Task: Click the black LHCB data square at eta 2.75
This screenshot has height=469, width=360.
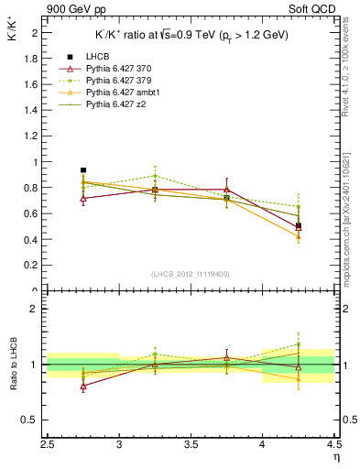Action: (x=83, y=170)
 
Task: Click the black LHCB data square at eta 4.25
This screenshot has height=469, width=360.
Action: (x=299, y=225)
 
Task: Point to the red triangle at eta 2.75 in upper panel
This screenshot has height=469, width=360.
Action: (x=83, y=198)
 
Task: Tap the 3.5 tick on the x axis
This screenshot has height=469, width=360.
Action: (x=191, y=444)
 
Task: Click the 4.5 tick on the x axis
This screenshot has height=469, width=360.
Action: (x=333, y=444)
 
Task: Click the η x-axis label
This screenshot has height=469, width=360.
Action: (x=335, y=456)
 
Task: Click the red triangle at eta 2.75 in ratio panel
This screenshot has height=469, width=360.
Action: (x=83, y=387)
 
